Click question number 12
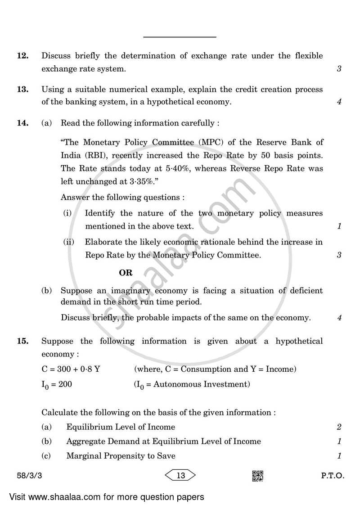[22, 56]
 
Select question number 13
[22, 90]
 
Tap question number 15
[22, 341]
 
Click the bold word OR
[126, 273]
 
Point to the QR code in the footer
[257, 476]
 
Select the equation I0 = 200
[57, 384]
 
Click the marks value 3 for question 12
[339, 69]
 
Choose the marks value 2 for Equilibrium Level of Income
[339, 427]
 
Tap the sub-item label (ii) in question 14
[68, 242]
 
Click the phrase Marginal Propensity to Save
[121, 456]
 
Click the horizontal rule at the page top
[180, 37]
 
